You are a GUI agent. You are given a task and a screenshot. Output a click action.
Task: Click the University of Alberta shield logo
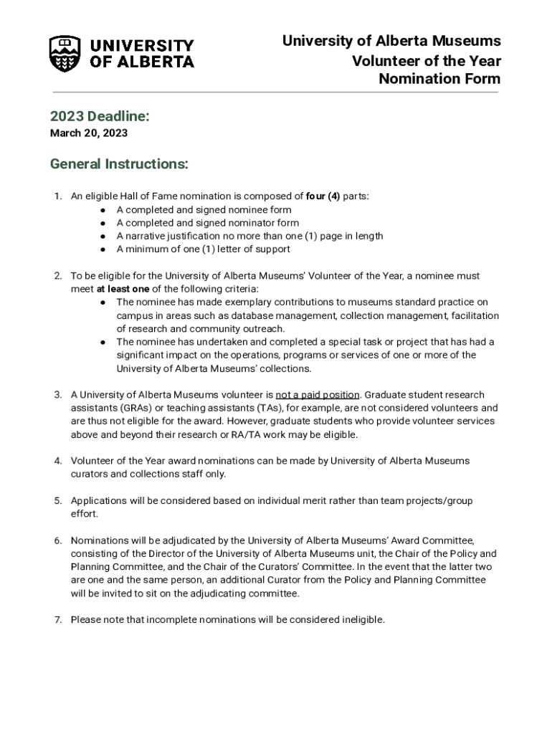(65, 54)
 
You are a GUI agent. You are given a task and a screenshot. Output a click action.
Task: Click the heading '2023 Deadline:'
(100, 117)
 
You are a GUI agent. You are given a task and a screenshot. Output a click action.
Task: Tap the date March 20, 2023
(89, 133)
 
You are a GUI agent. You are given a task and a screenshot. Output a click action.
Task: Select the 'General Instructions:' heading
(119, 164)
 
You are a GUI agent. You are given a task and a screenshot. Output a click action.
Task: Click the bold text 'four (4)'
(323, 196)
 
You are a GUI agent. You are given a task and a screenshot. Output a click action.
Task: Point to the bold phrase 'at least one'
(123, 289)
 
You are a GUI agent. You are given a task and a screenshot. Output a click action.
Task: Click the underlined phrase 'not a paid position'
(318, 395)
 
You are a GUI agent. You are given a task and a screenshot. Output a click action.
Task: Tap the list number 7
(57, 620)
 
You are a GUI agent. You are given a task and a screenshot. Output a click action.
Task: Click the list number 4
(57, 461)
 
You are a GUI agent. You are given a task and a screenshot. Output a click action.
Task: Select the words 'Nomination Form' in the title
(439, 79)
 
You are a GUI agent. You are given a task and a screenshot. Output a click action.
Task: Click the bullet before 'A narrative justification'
(103, 237)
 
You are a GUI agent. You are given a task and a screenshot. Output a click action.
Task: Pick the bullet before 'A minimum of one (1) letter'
(103, 249)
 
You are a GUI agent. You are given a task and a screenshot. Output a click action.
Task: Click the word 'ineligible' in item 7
(363, 620)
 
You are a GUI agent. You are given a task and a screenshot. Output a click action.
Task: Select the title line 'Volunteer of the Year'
(427, 60)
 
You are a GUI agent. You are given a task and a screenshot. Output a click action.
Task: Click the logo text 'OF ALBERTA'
(142, 62)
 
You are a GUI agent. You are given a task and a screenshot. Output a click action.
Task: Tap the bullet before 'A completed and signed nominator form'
(103, 223)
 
